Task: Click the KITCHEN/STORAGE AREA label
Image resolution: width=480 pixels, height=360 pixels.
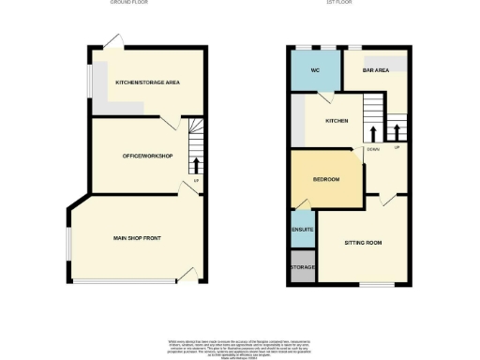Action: tap(147, 82)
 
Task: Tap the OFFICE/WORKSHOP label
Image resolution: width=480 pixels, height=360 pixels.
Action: tap(148, 156)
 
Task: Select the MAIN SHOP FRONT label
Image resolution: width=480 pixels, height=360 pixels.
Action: tap(137, 239)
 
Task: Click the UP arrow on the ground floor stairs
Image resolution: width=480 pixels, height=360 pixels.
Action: tap(197, 166)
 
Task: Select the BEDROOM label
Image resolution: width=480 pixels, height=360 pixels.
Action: tap(325, 179)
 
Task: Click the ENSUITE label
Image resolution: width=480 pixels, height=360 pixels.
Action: tap(303, 230)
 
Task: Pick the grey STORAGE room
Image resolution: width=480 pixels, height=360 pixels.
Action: tap(303, 266)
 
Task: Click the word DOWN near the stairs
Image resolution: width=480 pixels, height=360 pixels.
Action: tap(373, 149)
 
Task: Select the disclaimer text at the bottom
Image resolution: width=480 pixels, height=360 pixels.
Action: tap(240, 345)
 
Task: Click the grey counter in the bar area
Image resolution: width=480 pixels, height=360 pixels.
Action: tap(393, 64)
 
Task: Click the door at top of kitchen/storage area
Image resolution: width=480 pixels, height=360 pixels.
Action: tap(113, 41)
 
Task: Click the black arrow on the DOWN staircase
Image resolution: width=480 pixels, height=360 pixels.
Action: tap(374, 132)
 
